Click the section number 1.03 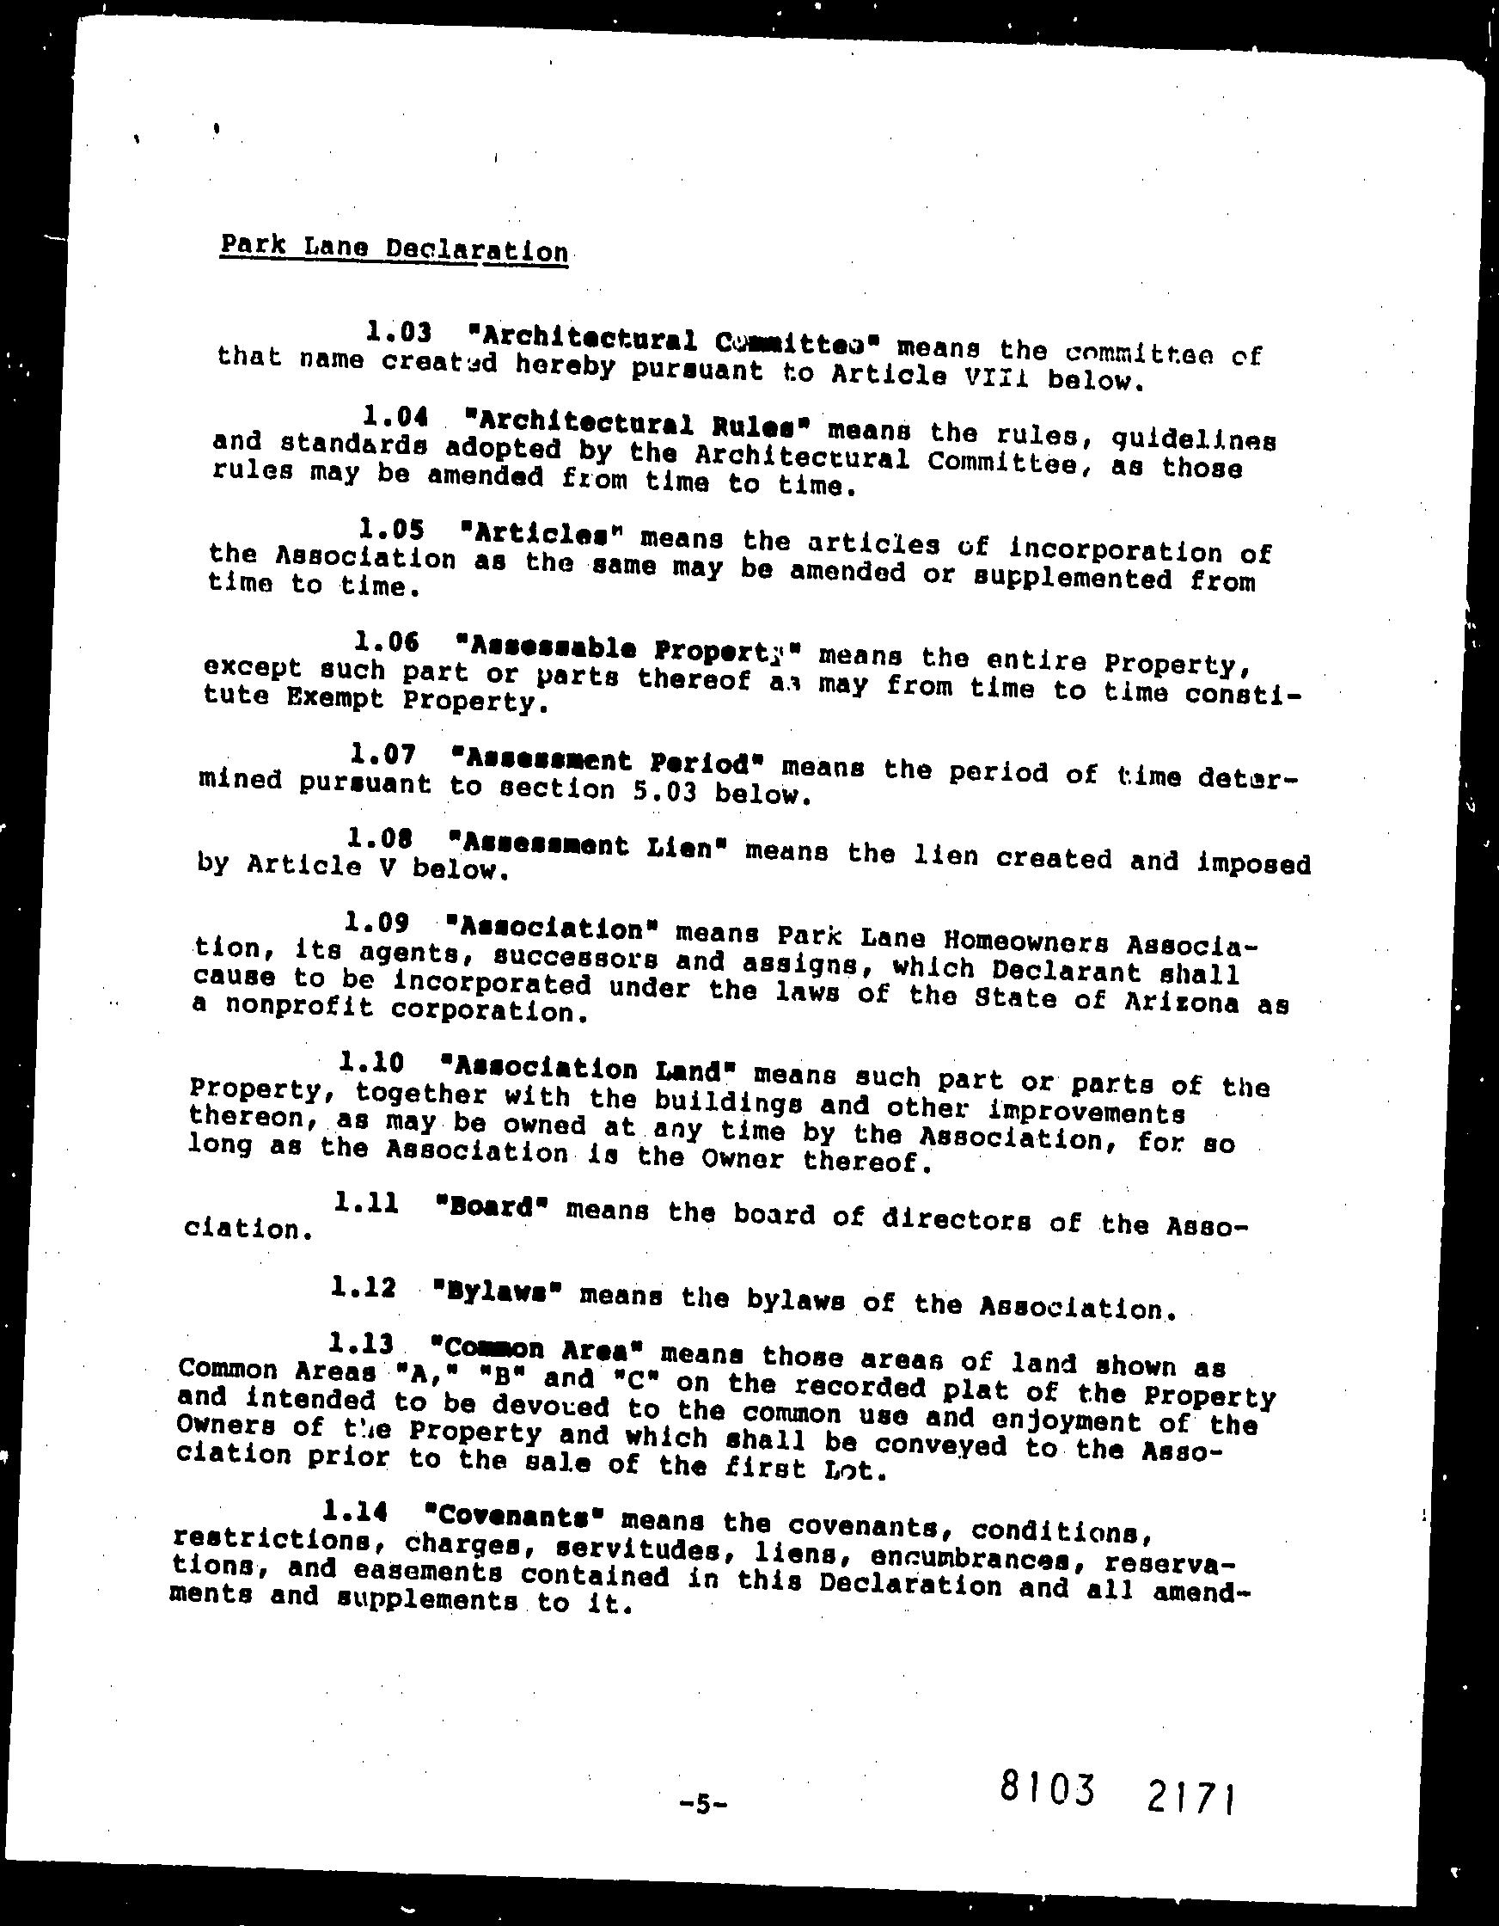pos(399,333)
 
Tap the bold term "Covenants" pos(514,1516)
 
